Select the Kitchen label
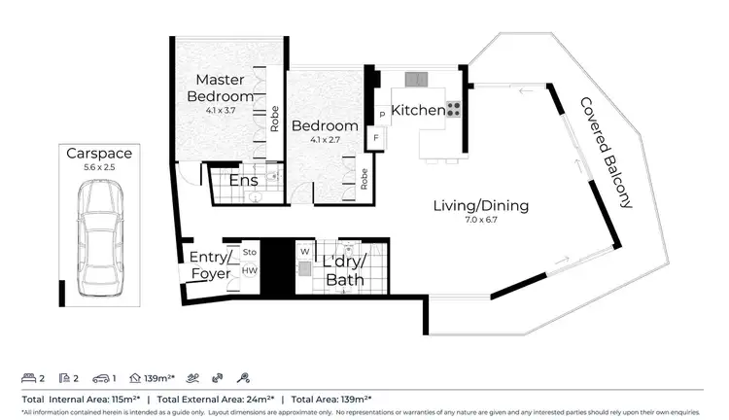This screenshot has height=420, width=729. pyautogui.click(x=418, y=111)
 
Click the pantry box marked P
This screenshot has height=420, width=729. pyautogui.click(x=382, y=115)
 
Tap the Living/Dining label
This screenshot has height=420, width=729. pyautogui.click(x=480, y=205)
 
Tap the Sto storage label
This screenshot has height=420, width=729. pyautogui.click(x=249, y=252)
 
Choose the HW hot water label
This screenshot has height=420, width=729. pyautogui.click(x=249, y=270)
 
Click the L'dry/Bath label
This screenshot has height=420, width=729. pyautogui.click(x=344, y=271)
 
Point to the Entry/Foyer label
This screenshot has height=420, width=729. pyautogui.click(x=210, y=265)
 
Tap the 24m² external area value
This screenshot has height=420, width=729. pyautogui.click(x=258, y=400)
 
